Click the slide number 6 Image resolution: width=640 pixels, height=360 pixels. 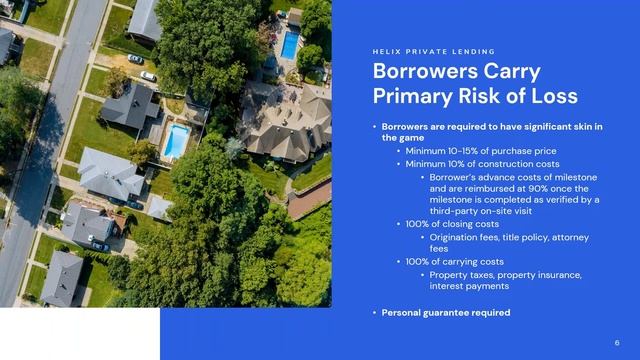pos(617,341)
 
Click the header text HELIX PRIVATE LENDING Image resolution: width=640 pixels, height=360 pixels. pos(433,51)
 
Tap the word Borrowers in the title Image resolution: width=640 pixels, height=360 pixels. pos(419,72)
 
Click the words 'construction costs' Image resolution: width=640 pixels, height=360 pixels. pos(521,163)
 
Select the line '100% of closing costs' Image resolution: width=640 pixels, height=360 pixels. pos(454,224)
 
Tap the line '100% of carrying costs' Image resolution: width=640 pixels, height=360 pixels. pos(456,261)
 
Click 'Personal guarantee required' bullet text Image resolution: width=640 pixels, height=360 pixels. pos(445,313)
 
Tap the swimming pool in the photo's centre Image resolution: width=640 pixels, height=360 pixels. pos(176,141)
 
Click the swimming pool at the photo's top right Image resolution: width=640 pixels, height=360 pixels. pos(290,44)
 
